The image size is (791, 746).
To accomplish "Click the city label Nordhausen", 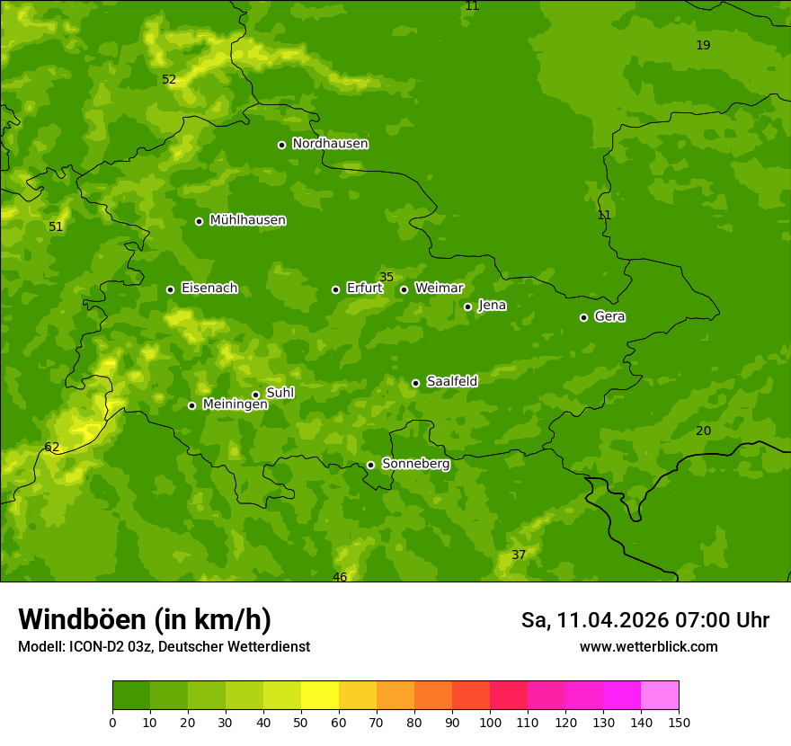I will point(330,144).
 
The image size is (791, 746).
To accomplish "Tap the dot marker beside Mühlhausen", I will point(200,221).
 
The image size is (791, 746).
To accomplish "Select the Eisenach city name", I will point(209,289).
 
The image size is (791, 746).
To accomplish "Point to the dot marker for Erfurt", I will point(336,289).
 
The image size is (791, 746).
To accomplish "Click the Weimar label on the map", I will point(439,289).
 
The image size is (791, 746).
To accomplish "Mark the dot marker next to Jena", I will point(467,306).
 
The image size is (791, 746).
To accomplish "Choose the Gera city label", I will point(609,316).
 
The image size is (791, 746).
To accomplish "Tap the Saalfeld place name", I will point(451,382).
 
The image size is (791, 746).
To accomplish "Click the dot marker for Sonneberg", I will point(370,465).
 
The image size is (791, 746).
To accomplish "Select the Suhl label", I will point(280,393).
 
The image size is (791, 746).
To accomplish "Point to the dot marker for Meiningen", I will point(191,405).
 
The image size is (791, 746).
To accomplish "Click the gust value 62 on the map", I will point(52,448).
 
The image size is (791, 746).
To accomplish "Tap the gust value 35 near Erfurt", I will point(387,277).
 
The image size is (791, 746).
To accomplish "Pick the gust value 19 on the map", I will point(703,45).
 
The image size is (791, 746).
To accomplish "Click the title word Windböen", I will point(83,619).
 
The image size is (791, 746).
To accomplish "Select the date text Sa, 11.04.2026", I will point(596,620).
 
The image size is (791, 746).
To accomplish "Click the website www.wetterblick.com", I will point(648,647).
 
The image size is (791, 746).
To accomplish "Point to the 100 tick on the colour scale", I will point(490,722).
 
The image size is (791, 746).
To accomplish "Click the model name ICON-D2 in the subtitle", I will point(96,647).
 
